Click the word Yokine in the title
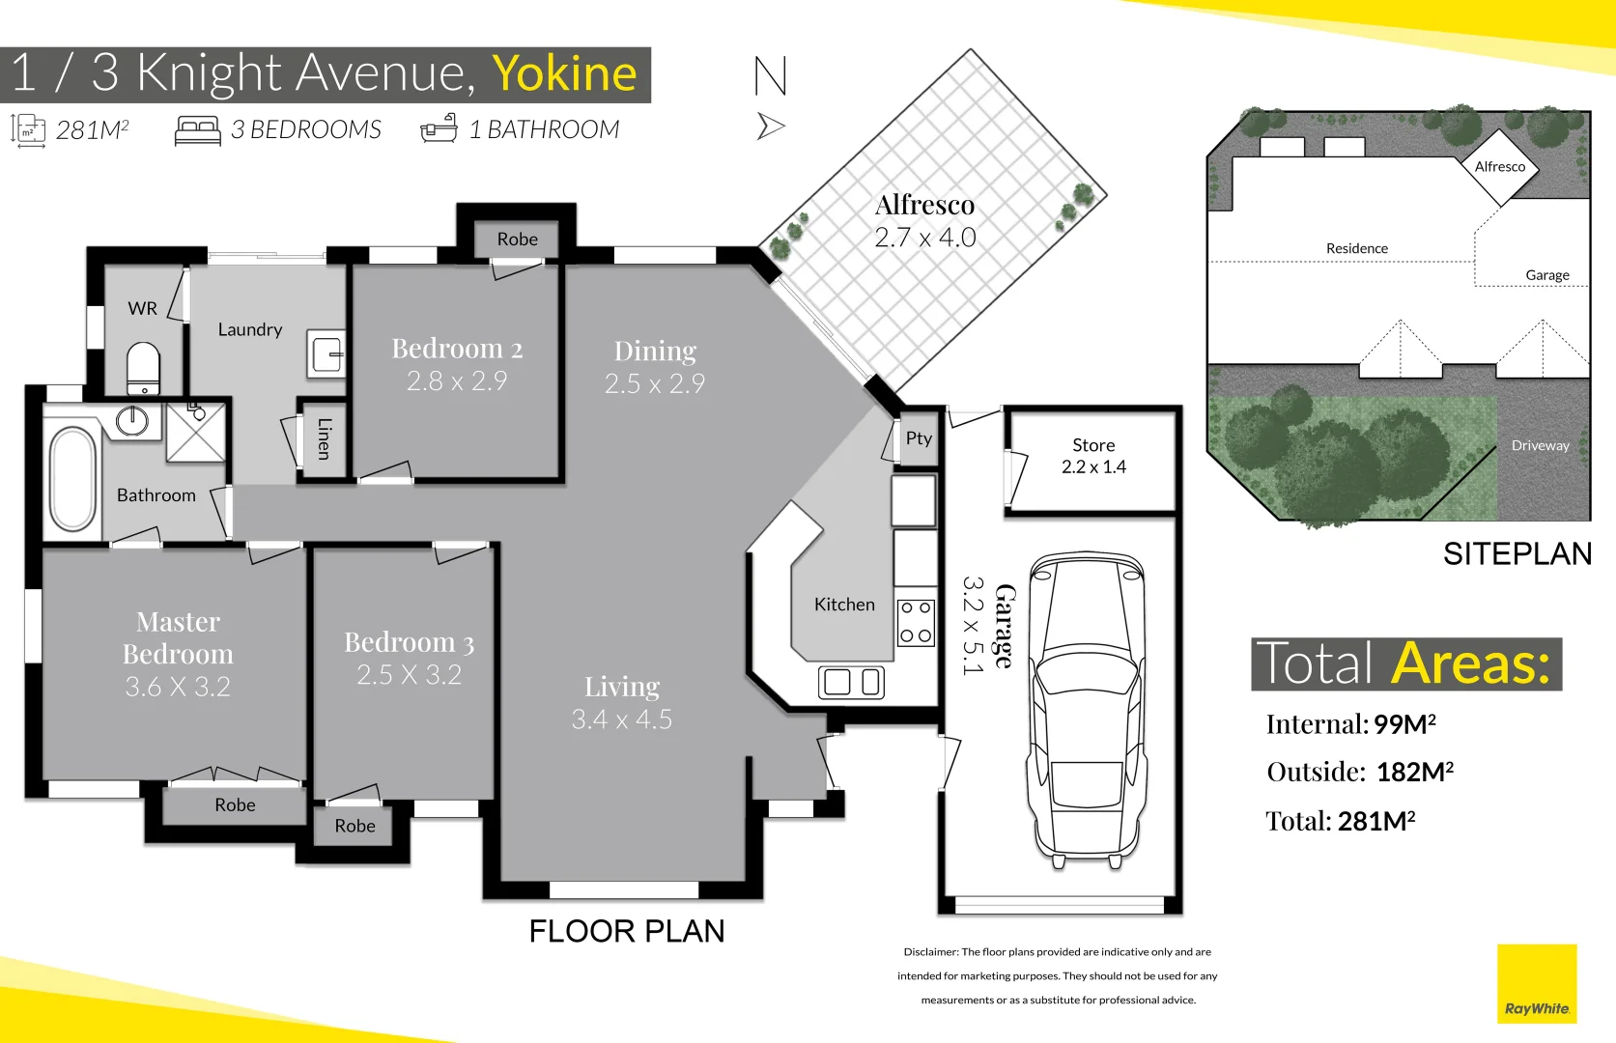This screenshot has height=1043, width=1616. coord(564,73)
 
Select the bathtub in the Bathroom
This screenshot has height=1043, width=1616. coord(72,479)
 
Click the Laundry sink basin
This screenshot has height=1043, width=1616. coord(327,353)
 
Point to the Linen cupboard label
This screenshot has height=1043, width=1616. coord(325,438)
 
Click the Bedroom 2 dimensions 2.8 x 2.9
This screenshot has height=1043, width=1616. coord(457,381)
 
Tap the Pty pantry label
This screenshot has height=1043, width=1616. coord(919,438)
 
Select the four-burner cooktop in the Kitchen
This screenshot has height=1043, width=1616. coord(915,622)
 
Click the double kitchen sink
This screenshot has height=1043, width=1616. coord(851,683)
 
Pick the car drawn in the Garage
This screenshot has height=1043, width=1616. coord(1087,708)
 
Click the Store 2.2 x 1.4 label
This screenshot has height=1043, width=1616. coord(1093,456)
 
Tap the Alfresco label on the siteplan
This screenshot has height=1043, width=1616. coord(1499,167)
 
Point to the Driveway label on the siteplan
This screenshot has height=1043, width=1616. coord(1540,445)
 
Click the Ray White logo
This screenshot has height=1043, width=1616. coord(1536,984)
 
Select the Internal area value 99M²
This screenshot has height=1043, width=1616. coord(1404,724)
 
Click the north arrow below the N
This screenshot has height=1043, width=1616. coord(770,127)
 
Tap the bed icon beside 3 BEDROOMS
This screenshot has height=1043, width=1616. coord(198,130)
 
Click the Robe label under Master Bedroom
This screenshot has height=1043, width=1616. coord(235,805)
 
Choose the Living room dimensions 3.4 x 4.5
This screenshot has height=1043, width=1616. coord(621,719)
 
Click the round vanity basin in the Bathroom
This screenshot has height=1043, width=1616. coord(132,420)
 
